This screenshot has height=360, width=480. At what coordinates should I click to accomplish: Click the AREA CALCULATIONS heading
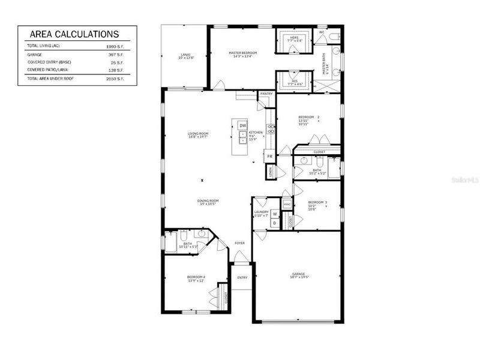pos(74,34)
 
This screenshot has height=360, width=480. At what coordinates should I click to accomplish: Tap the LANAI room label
pos(185,55)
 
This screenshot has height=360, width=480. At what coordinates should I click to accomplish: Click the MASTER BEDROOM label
pos(243,53)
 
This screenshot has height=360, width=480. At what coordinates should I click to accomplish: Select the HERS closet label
pos(294,38)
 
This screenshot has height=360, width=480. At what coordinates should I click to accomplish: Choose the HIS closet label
pos(294,81)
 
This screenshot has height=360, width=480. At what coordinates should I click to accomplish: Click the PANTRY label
pos(266,94)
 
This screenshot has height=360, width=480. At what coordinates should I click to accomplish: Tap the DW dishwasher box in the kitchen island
pos(243,125)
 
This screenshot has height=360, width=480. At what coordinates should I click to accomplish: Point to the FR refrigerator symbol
pos(270,156)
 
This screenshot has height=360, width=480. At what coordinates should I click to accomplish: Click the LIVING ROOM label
pos(198,133)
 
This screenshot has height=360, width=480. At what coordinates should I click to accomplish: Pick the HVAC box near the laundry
pos(287,204)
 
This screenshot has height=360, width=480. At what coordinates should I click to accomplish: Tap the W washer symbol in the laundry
pos(274,214)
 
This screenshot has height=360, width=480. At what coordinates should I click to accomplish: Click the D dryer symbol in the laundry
pos(274,223)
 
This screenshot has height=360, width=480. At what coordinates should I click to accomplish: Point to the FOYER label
pos(239,243)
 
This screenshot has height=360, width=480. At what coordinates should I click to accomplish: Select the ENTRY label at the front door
pos(242,277)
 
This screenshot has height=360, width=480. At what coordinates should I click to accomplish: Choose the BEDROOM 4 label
pos(196,277)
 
